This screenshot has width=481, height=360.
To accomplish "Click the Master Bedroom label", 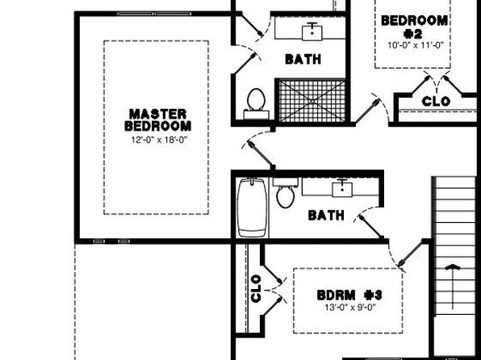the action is [158, 120].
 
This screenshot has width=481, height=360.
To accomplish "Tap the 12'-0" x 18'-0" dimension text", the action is [159, 140].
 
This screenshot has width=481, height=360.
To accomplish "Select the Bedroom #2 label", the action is [414, 27].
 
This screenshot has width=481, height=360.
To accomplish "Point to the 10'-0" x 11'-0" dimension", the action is [416, 45].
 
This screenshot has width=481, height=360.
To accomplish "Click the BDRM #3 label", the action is [349, 295].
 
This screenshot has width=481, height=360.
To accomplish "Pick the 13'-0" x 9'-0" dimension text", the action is [350, 308].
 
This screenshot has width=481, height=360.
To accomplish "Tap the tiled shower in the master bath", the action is [312, 100].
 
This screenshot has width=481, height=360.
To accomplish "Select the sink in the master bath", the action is [312, 31].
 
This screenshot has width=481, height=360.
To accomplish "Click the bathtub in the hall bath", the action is [252, 207].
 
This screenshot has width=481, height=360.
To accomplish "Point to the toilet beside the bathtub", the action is [286, 193].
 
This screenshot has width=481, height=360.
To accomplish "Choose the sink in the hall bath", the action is [342, 188].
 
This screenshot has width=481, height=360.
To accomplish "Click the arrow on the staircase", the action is [453, 287].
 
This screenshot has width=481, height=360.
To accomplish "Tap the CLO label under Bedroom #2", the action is [436, 101].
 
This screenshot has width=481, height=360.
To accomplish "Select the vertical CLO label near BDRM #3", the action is [256, 288].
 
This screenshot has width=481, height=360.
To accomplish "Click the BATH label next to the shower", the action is [303, 59].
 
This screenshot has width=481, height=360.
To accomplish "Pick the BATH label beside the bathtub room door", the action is [326, 216].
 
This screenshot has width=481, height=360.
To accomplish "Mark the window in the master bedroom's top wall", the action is [154, 14].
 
